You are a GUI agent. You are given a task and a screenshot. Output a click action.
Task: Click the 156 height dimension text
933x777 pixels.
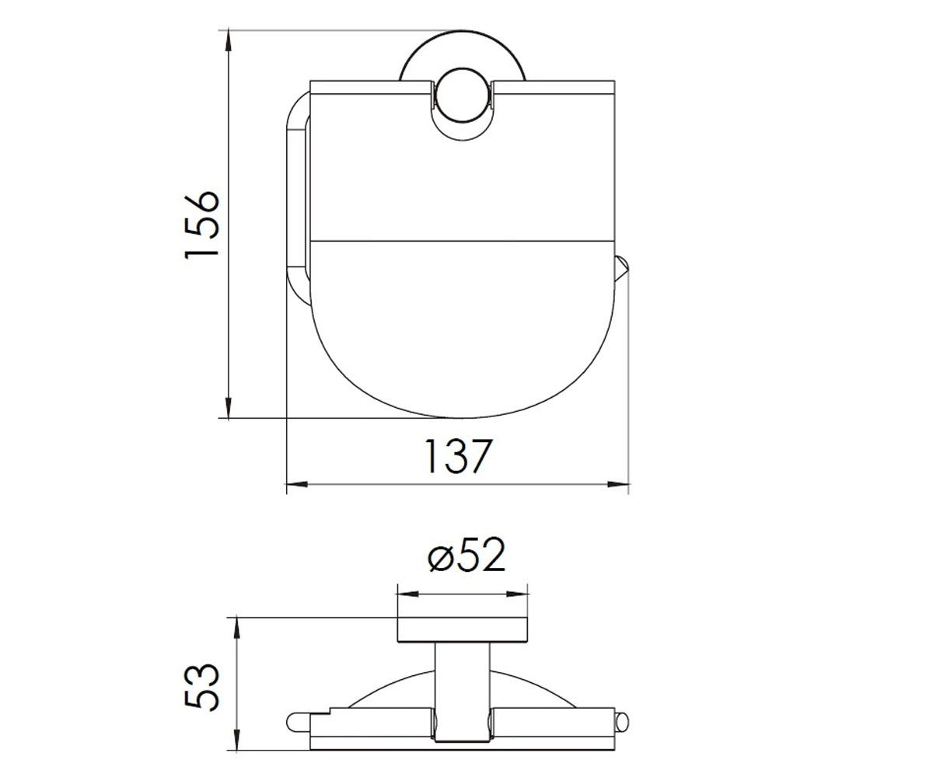click(x=202, y=225)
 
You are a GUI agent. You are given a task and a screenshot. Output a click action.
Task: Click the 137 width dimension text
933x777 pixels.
click(x=459, y=456)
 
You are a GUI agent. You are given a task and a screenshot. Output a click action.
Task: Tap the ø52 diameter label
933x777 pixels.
click(x=466, y=555)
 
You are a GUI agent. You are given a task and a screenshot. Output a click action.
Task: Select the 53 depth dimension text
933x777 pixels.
click(x=202, y=687)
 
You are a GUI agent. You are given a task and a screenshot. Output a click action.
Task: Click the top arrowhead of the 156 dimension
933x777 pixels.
click(x=229, y=41)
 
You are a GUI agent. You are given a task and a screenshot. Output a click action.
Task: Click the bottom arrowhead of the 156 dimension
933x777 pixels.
click(x=229, y=407)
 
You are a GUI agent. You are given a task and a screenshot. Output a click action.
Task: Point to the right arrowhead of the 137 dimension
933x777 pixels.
click(x=618, y=484)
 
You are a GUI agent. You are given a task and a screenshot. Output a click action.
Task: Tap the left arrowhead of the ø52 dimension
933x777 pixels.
click(x=408, y=594)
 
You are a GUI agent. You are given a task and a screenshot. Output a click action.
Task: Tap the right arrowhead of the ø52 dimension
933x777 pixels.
click(x=517, y=594)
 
